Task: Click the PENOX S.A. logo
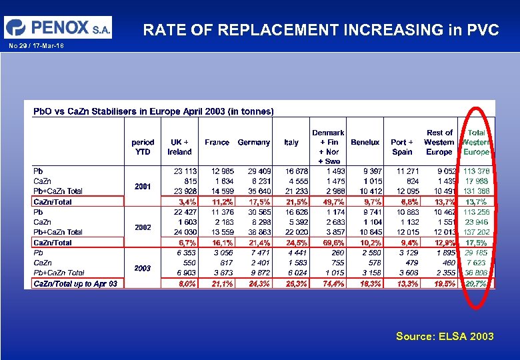58,27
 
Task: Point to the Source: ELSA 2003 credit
445,336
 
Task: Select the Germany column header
254,142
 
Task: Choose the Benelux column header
365,142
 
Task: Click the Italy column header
291,142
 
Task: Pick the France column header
217,142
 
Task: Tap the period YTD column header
143,147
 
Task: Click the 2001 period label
143,187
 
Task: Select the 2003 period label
143,268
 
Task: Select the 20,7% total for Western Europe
476,283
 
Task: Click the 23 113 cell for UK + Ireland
185,171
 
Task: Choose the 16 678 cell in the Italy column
293,171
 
